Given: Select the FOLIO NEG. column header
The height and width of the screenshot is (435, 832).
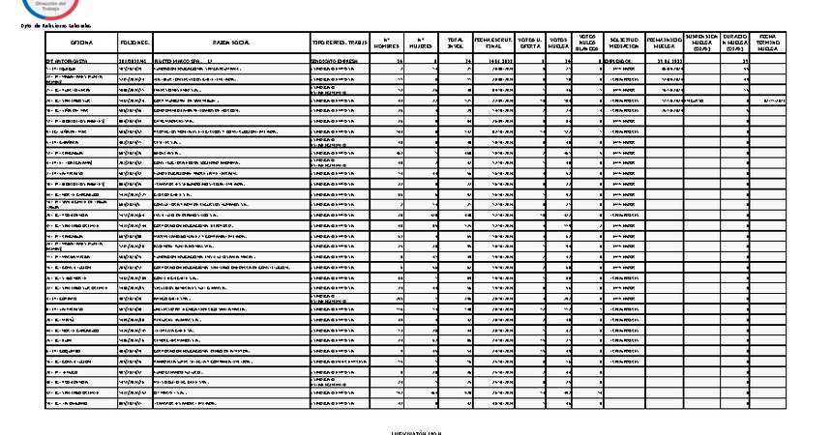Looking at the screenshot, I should (x=134, y=43).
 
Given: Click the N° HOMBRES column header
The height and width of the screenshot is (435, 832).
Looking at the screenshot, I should (x=386, y=43).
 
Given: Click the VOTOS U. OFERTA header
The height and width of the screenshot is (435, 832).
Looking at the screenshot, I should (x=530, y=43).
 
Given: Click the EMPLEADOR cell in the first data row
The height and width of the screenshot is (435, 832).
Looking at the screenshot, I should (x=622, y=60).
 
